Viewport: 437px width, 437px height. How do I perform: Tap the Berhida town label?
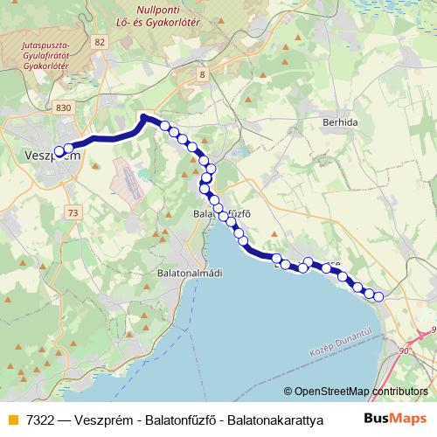pos(340,123)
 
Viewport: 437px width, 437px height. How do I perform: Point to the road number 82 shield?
pos(101,42)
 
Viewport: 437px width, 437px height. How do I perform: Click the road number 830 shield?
pos(61,107)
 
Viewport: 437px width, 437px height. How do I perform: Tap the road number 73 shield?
pos(73,213)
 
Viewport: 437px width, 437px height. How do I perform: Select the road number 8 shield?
pos(203,75)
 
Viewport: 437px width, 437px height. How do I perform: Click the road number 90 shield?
pos(404,350)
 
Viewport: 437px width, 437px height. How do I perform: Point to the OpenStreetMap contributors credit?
pos(356,392)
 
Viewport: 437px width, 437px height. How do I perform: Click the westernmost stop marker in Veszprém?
pos(59,151)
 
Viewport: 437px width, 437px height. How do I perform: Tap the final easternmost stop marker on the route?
pos(378,297)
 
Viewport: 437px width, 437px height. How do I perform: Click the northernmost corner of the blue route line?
pos(144,116)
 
